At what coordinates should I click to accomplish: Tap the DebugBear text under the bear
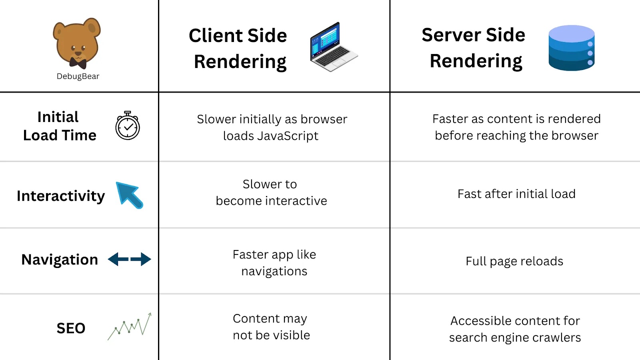coord(78,76)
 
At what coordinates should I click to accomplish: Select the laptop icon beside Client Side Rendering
coord(334,46)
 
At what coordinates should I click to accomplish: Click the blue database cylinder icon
coord(572,48)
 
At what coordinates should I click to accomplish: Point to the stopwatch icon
coord(128,126)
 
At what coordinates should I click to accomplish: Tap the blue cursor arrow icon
coord(130,195)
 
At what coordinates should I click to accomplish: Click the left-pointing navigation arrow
coord(118,260)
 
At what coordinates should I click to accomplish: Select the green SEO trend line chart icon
coord(130,326)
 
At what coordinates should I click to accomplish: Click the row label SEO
coord(71,328)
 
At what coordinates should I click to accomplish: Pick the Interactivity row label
coord(61,196)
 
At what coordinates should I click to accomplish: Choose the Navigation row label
coord(60,260)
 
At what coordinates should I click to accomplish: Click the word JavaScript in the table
coord(288,136)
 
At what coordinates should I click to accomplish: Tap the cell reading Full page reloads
coord(514,261)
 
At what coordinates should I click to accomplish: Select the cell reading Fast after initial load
coord(516,194)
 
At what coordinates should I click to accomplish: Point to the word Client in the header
coord(216,36)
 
